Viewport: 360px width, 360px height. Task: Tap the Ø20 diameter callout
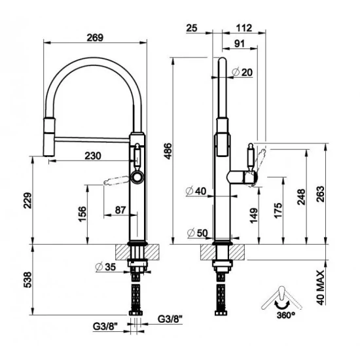(242, 72)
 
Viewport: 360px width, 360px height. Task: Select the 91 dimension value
(240, 44)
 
